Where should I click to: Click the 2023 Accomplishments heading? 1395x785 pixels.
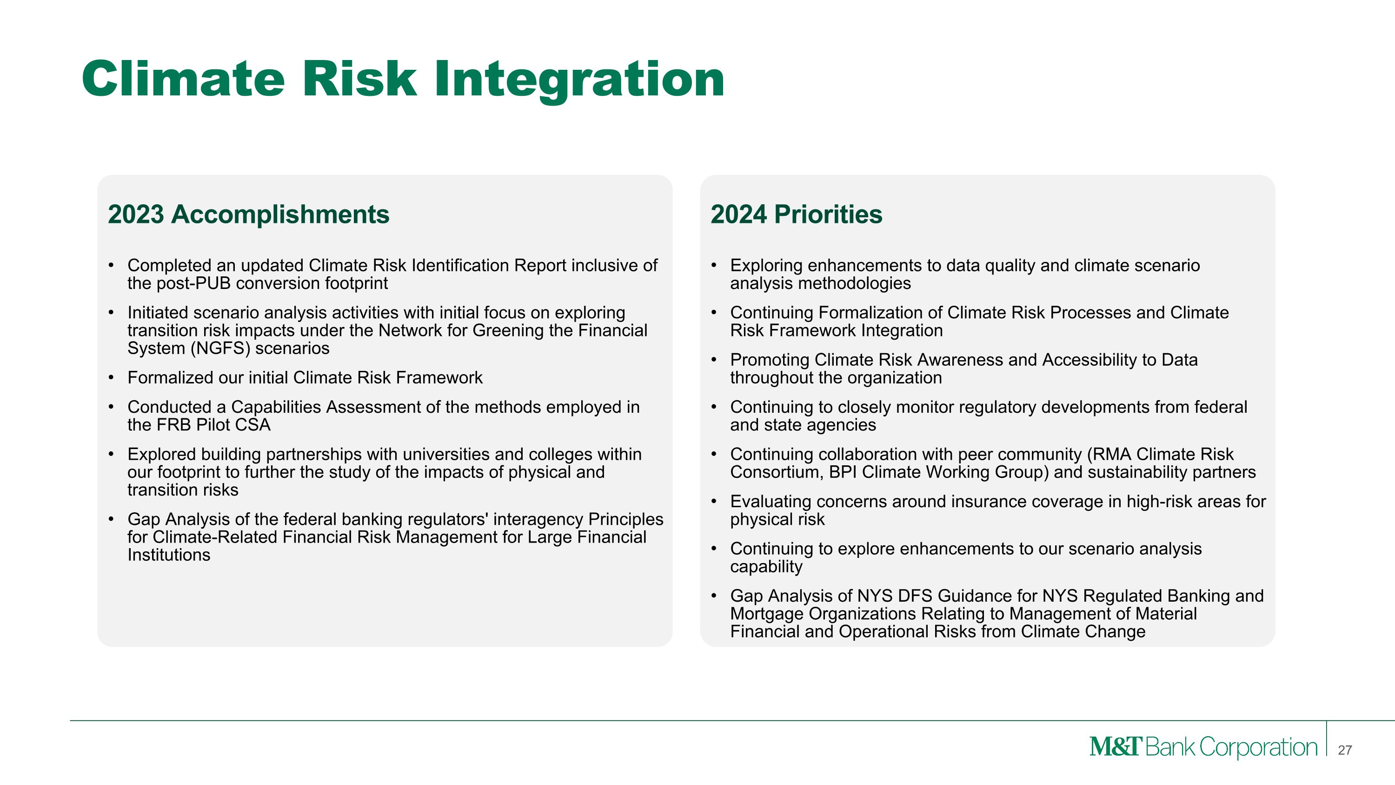pyautogui.click(x=249, y=214)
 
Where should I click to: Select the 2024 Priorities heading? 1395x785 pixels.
pyautogui.click(x=796, y=214)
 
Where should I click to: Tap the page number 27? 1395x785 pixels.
pyautogui.click(x=1345, y=750)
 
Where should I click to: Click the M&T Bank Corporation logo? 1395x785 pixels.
pyautogui.click(x=1203, y=747)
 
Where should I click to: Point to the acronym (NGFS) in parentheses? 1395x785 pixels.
pyautogui.click(x=220, y=349)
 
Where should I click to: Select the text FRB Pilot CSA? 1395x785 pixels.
pyautogui.click(x=213, y=425)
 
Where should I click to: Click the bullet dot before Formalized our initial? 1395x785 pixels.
pyautogui.click(x=111, y=377)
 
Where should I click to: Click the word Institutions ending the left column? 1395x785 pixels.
pyautogui.click(x=168, y=555)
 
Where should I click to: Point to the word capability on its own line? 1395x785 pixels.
pyautogui.click(x=766, y=567)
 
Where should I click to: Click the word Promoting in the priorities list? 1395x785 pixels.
pyautogui.click(x=770, y=360)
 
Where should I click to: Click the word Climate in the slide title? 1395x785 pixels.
pyautogui.click(x=183, y=80)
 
